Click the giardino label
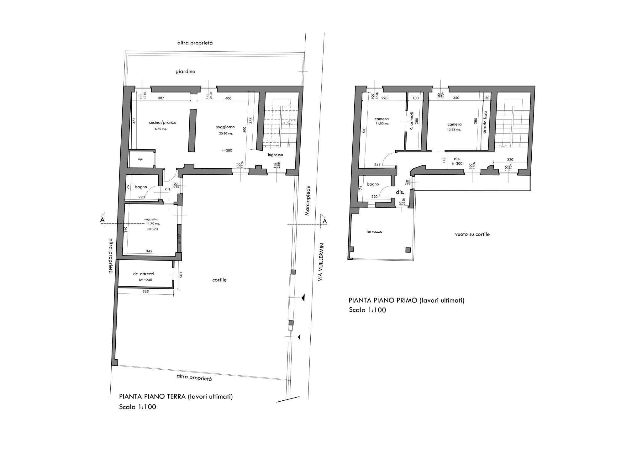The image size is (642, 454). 185,71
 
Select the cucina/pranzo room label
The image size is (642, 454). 162,122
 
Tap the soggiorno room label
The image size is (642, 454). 225,127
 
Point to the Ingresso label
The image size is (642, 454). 275,155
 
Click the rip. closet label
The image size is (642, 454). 140,159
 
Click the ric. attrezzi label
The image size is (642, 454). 144,274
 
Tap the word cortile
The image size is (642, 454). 219,280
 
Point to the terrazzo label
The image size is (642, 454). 374,231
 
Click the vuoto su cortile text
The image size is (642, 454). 472,234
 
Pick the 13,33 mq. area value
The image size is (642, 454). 454,129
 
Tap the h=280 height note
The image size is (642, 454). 227,150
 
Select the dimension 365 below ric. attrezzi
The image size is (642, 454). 145,292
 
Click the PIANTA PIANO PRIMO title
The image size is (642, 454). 406,300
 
